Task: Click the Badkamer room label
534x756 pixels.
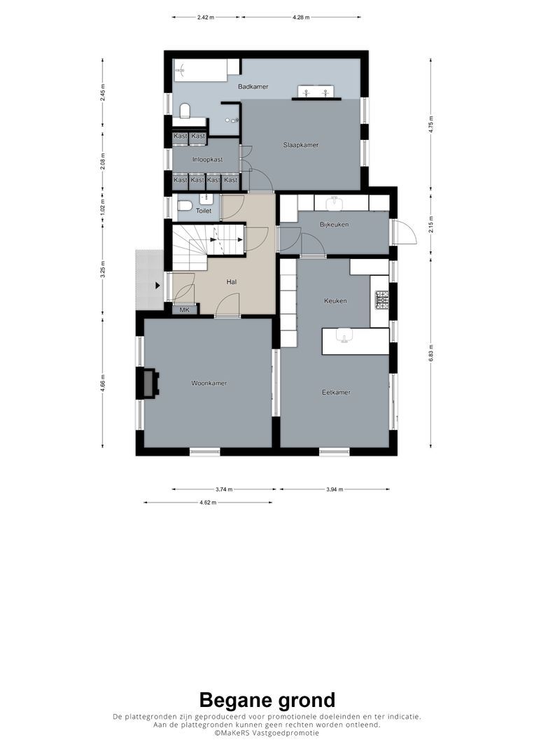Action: pos(253,87)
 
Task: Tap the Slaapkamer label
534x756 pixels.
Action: pos(301,145)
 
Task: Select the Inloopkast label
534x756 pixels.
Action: pos(207,160)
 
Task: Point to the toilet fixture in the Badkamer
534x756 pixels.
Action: pos(185,112)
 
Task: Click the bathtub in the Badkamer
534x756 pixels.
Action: pos(200,69)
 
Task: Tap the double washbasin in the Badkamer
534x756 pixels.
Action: pos(316,92)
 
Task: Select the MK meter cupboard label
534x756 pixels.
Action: pos(185,309)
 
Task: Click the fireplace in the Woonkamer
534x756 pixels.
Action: pos(148,383)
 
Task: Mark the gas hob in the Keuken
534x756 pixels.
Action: pos(382,300)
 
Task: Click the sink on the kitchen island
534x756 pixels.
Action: pos(344,337)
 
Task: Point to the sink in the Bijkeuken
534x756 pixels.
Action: pos(335,203)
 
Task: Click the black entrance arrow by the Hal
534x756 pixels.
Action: pos(157,286)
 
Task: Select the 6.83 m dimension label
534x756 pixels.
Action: pos(430,349)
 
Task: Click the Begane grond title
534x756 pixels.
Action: pos(267,699)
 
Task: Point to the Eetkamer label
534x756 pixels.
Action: pos(336,392)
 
